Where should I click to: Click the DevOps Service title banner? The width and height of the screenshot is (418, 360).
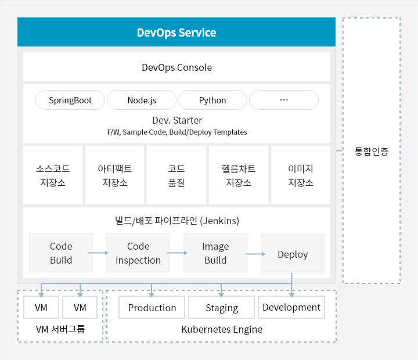click(x=176, y=32)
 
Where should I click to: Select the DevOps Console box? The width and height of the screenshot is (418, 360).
click(x=176, y=67)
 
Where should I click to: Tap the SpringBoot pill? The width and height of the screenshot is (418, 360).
click(x=70, y=100)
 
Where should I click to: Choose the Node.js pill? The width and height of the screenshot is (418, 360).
click(x=142, y=100)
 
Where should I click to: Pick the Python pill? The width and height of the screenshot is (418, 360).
click(x=212, y=100)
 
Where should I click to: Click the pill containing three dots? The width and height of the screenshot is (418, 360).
click(x=284, y=100)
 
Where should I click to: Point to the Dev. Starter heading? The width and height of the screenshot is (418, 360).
click(x=177, y=120)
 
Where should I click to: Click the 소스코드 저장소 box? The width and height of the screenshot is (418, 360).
click(x=53, y=175)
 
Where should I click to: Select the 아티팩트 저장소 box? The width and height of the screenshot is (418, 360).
click(x=114, y=175)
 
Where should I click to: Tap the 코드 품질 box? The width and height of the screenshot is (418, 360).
click(x=176, y=175)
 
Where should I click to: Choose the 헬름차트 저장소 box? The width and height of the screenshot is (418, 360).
click(x=239, y=175)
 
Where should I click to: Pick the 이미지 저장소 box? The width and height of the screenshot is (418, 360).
click(x=301, y=175)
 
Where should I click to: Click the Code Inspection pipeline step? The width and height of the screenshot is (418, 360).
click(x=138, y=253)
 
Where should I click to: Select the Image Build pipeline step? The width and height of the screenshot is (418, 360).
click(x=215, y=253)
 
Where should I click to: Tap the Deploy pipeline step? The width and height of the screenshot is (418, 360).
click(x=293, y=254)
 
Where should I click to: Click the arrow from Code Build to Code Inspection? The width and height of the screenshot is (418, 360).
click(x=98, y=253)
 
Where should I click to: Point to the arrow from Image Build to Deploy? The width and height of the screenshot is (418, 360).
click(x=255, y=254)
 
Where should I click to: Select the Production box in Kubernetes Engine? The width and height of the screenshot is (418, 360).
click(x=152, y=307)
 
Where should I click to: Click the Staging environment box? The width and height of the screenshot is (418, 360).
click(x=222, y=307)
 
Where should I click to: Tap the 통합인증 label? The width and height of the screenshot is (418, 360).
click(x=372, y=151)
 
